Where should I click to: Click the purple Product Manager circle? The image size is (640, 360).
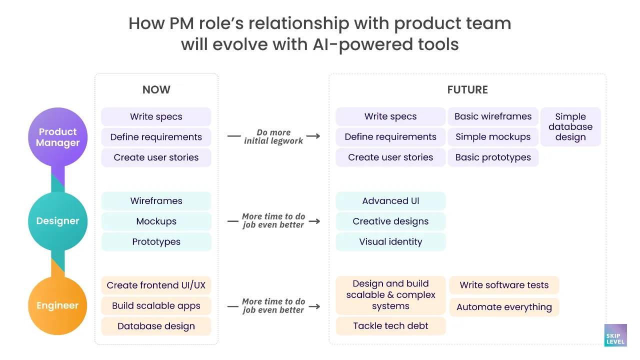coord(58,137)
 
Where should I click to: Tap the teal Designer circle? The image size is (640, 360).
coord(58,221)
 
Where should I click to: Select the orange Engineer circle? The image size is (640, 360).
coord(58,305)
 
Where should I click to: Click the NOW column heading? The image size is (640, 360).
coord(156,90)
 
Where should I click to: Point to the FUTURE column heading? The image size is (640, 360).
coord(467,90)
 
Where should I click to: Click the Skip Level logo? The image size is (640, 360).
coord(614,335)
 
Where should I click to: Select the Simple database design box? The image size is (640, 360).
coord(570,127)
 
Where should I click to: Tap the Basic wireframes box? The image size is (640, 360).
coord(493,116)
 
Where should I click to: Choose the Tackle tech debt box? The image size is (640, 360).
coord(390,326)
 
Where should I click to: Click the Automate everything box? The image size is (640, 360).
coord(504,307)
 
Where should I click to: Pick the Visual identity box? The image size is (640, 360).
coord(390,242)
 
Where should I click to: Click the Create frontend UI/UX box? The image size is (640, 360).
coord(156,285)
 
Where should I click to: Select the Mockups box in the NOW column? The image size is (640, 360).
coord(156,221)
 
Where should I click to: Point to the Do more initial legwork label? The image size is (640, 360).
coord(273,136)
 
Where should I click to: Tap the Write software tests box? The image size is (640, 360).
coord(504,285)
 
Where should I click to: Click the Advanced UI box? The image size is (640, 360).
coord(390,201)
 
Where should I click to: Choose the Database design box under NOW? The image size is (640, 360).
coord(156,326)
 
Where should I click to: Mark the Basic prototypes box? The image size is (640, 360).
coord(493,157)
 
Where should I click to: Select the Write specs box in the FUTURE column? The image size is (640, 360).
coord(390,116)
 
